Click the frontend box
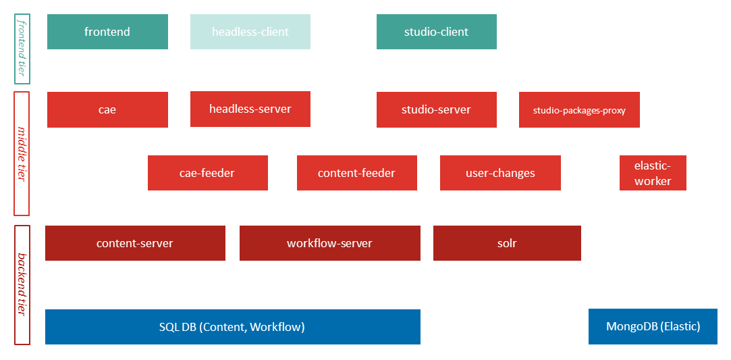tap(107, 32)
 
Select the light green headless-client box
tap(250, 32)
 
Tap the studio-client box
tap(436, 32)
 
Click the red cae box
tap(107, 109)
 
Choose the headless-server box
tap(250, 109)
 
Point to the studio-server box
tap(436, 109)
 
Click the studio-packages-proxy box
tap(579, 110)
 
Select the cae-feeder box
tap(207, 173)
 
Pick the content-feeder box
tap(356, 173)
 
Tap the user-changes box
tap(500, 173)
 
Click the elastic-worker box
tap(653, 173)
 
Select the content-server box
tap(135, 243)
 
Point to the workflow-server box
tap(329, 243)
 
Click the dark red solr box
tap(507, 243)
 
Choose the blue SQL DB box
tap(232, 327)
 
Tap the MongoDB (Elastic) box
tap(653, 327)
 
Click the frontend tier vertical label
tap(22, 48)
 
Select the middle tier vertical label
tap(22, 153)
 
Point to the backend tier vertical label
tap(22, 284)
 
